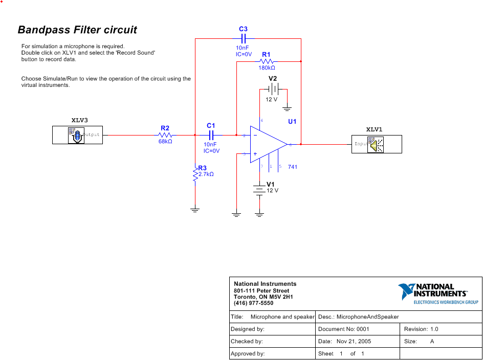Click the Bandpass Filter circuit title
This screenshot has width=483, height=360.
77,30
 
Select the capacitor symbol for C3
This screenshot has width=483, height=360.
244,39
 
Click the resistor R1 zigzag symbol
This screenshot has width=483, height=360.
266,61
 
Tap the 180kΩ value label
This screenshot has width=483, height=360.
267,68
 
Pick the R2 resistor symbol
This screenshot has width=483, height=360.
165,135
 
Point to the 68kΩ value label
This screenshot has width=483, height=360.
165,142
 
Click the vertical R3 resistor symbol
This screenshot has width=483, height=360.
195,174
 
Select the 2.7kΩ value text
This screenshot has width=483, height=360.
206,174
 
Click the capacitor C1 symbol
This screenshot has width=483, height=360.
211,135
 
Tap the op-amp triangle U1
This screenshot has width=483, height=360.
266,145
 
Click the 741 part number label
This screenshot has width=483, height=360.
293,167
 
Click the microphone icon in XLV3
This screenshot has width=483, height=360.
76,136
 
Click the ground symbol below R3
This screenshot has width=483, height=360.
195,210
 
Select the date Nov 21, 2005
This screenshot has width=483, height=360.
354,341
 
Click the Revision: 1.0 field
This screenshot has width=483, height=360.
421,329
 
